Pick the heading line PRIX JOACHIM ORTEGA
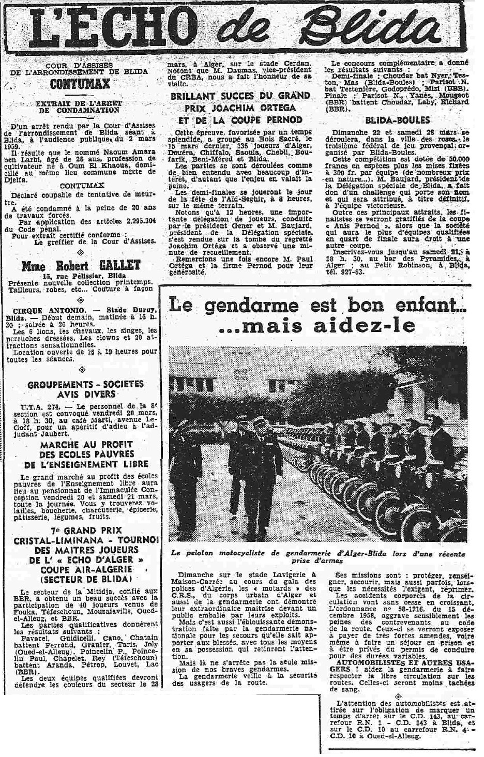tap(240, 108)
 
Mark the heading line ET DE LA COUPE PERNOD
tap(240, 119)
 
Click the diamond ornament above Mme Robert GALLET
tap(80, 252)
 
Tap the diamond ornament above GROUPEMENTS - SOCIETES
tap(80, 370)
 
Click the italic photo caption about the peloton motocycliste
tap(317, 557)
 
